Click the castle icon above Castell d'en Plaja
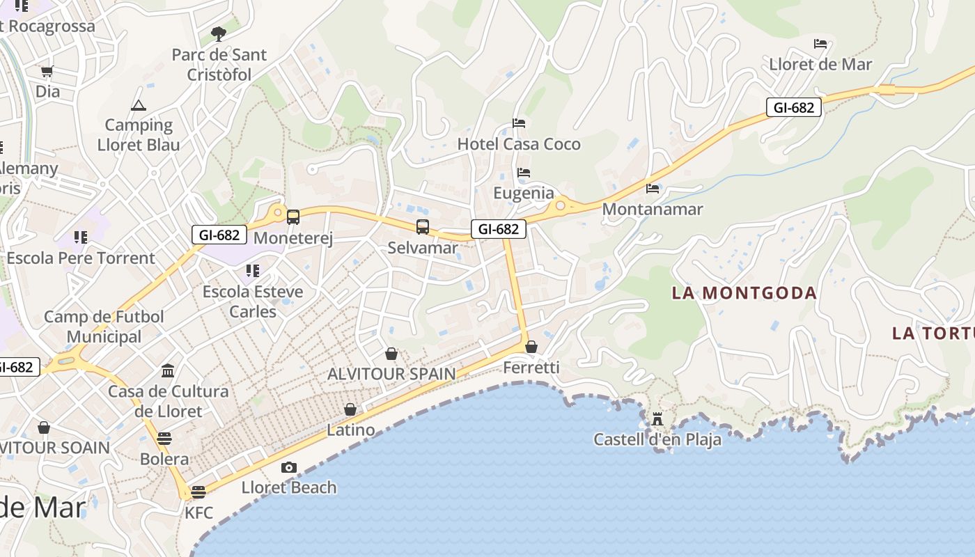click(x=657, y=418)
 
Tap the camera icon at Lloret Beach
click(x=289, y=467)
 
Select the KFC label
click(x=198, y=513)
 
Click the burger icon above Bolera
click(x=164, y=439)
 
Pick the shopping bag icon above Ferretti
click(x=531, y=346)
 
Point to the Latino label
click(x=350, y=430)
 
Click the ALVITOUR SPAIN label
click(x=391, y=374)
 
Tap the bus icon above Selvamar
click(x=423, y=226)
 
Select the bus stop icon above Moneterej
click(x=293, y=217)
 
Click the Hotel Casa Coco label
click(x=519, y=144)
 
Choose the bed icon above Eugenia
click(x=524, y=172)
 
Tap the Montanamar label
click(x=653, y=209)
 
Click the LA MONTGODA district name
click(x=744, y=293)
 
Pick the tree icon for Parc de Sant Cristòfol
click(x=219, y=33)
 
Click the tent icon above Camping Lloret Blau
click(x=138, y=105)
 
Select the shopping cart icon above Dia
click(x=47, y=71)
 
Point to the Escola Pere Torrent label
click(x=81, y=258)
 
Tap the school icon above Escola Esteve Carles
click(x=252, y=270)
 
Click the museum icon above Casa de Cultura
click(x=168, y=370)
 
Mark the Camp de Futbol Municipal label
click(x=104, y=327)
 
